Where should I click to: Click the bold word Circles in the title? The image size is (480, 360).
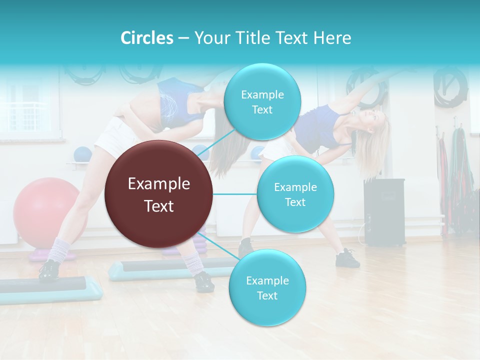(x=146, y=38)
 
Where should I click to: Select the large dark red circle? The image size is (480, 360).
(x=158, y=194)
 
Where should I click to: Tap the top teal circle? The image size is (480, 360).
(x=262, y=102)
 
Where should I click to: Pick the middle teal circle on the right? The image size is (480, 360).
(x=295, y=194)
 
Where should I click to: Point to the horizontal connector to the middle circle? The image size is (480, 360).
(x=235, y=194)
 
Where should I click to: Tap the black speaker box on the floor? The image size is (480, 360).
(x=384, y=212)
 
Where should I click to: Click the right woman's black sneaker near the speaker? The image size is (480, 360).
(x=348, y=258)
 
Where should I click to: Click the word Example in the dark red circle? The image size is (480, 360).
(x=158, y=184)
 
